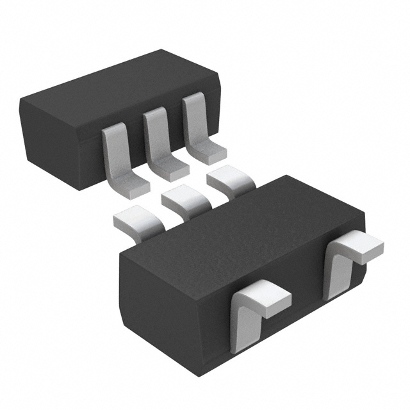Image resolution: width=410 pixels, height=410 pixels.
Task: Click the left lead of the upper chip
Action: point(114,151)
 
